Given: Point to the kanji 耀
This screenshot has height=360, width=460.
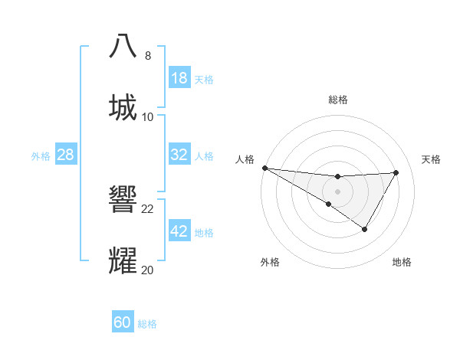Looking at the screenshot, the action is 123,260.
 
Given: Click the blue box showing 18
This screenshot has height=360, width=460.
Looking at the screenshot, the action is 179,78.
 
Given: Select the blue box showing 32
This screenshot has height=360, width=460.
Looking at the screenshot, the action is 179,155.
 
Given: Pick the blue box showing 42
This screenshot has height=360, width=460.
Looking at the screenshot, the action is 179,231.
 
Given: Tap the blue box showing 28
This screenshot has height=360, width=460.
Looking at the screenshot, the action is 65,155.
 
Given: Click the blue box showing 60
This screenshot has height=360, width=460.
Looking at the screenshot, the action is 123,322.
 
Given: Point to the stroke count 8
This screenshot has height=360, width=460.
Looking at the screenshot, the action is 147,56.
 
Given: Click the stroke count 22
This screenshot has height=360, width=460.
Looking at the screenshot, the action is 148,208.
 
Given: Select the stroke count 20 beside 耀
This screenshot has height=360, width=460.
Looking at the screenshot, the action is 148,270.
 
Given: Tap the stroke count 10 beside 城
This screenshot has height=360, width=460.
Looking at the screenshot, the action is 148,116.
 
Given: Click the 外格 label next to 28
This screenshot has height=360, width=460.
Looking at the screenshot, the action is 41,155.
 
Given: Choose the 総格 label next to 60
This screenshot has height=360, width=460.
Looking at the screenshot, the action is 147,323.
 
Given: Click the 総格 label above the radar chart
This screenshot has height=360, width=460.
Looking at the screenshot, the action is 337,100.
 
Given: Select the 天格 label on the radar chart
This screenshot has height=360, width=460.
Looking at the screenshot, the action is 432,159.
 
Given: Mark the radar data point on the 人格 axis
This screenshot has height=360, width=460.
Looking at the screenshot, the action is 264,168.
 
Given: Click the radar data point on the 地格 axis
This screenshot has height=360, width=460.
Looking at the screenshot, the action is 365,229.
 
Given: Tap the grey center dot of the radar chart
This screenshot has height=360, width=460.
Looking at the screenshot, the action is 337,191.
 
